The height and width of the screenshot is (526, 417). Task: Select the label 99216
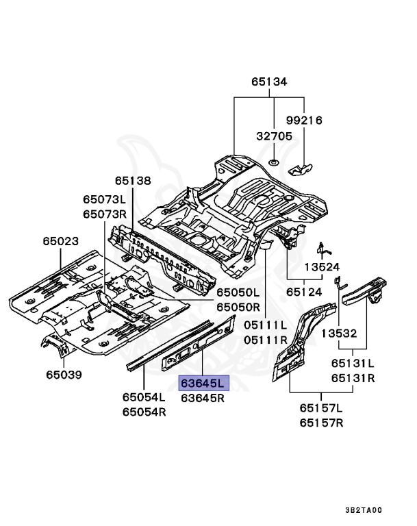click(304, 121)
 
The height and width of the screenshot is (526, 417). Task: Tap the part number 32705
click(274, 136)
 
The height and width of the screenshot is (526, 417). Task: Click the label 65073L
click(105, 199)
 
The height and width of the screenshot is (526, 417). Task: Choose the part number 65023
click(60, 242)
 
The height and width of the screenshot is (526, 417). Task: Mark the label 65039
click(64, 375)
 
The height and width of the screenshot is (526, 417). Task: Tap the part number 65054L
click(144, 397)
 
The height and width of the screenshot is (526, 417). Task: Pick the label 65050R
click(238, 308)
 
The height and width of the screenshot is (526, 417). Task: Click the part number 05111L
click(264, 325)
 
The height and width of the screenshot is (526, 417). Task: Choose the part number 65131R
click(353, 378)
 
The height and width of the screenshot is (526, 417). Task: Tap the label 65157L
click(320, 409)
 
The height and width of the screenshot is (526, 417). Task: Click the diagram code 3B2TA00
click(363, 510)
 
